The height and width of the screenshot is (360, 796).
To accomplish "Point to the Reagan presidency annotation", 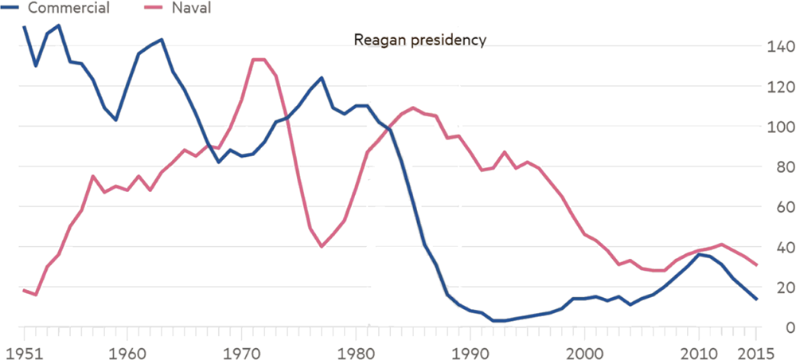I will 419,40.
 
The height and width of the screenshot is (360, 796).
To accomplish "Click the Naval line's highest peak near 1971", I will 259,60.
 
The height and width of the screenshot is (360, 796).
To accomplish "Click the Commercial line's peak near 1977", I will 322,78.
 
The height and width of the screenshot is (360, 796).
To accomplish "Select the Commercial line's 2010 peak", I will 700,255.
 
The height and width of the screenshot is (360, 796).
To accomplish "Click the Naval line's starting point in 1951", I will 24,291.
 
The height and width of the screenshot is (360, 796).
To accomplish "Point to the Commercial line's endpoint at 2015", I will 757,299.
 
